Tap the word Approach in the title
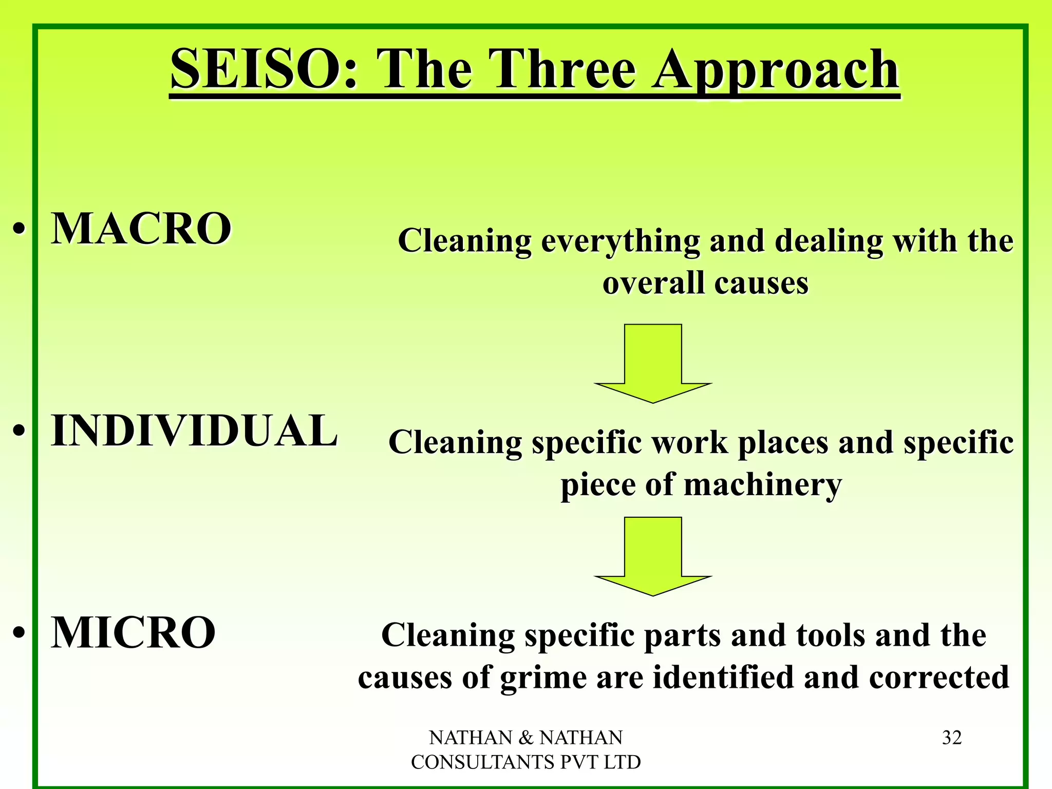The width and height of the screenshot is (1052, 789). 776,71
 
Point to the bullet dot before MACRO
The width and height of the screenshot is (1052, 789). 19,229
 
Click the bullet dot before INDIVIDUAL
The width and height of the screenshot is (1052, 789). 19,431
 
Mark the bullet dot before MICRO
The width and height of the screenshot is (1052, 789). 19,633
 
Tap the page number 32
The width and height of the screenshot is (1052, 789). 952,738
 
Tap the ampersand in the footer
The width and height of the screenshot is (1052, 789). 526,738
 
